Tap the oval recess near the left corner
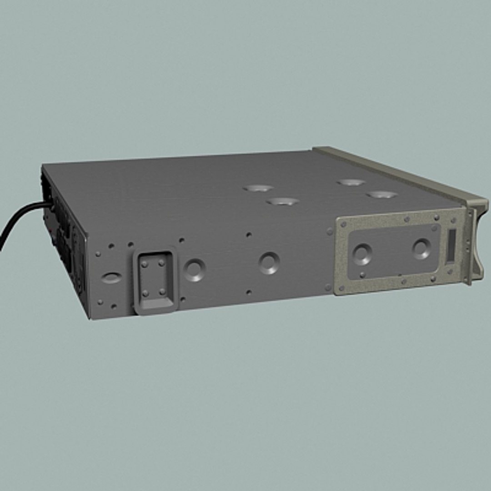click(x=111, y=277)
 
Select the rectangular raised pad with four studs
click(x=155, y=281)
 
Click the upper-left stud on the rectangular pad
click(x=145, y=264)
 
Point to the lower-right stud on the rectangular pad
click(x=162, y=291)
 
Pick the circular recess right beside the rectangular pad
click(x=195, y=270)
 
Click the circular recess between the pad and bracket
click(x=269, y=263)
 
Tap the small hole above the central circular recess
click(x=249, y=235)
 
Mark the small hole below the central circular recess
click(x=249, y=292)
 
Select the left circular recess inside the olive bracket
click(x=362, y=254)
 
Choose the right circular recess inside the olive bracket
click(x=421, y=249)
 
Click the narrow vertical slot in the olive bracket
click(x=451, y=245)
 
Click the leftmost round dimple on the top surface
click(x=258, y=188)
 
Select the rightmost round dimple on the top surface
click(x=382, y=195)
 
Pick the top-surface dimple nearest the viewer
click(x=282, y=201)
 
